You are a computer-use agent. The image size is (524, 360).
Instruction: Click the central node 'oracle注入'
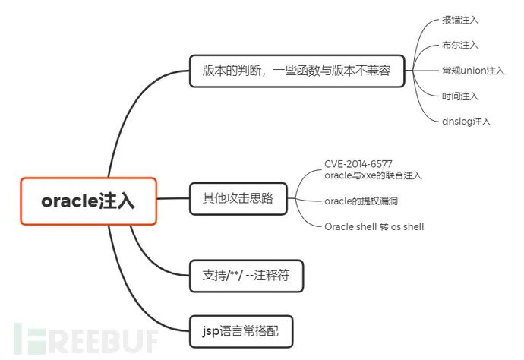click(x=88, y=201)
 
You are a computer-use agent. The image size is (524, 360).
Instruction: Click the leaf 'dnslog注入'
click(x=466, y=120)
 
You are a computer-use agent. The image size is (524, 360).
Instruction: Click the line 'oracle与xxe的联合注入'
click(x=373, y=175)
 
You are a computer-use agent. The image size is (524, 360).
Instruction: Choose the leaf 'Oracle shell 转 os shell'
click(x=374, y=226)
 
